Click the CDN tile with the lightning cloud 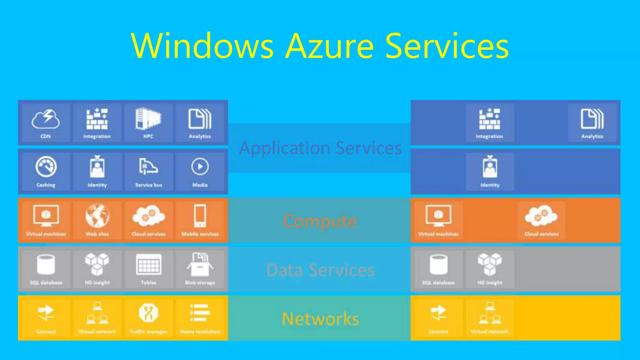click(x=46, y=123)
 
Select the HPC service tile click(x=148, y=123)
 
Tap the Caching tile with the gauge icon click(x=46, y=172)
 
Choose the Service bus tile click(x=148, y=172)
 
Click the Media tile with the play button click(x=200, y=172)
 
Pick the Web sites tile click(x=97, y=220)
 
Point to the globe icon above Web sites click(x=97, y=216)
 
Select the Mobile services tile click(x=200, y=220)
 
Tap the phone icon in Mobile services click(x=200, y=216)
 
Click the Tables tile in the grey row click(x=148, y=269)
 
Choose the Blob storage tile click(x=200, y=269)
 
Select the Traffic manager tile click(x=148, y=318)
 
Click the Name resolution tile click(x=200, y=318)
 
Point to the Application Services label click(x=320, y=148)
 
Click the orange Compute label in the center click(x=320, y=221)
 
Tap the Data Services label click(x=320, y=270)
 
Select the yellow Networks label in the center click(x=320, y=319)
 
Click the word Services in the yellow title click(x=447, y=46)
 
